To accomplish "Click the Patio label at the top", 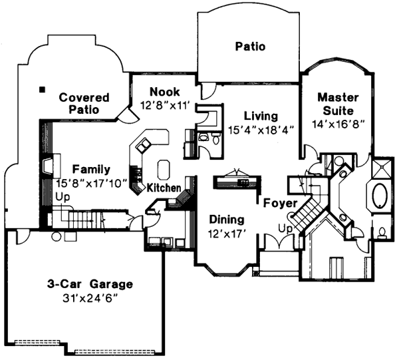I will [250, 47].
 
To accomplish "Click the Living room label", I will [260, 115].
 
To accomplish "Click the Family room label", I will [91, 169].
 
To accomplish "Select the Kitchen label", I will [164, 188].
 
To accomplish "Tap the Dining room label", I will [227, 219].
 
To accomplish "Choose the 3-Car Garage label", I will [89, 284].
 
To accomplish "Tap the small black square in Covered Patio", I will [42, 89].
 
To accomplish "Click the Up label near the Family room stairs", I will [63, 198].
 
